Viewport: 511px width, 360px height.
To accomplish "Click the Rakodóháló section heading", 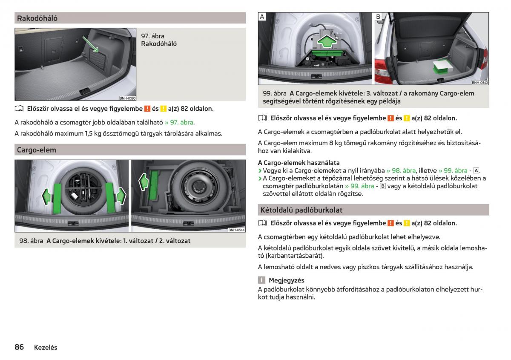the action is click(37, 18).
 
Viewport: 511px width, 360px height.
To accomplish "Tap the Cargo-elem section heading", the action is click(37, 150).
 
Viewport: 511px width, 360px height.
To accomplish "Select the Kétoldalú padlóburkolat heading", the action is click(301, 210).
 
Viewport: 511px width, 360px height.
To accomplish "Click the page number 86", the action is click(19, 347).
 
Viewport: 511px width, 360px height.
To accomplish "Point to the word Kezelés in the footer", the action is click(46, 348).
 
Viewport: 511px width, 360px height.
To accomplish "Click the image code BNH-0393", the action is click(127, 98).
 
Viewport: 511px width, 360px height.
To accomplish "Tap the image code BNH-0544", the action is click(237, 230).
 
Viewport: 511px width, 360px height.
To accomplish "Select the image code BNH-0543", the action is click(480, 83).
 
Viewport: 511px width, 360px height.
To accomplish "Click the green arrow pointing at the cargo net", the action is click(90, 44).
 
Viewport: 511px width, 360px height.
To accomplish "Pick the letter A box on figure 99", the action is click(262, 17).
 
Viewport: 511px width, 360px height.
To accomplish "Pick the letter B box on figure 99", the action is click(378, 17).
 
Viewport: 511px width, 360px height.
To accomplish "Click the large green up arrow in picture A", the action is click(327, 41).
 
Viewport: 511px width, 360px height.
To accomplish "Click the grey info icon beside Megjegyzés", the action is click(261, 280).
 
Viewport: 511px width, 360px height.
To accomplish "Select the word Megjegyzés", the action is click(287, 280).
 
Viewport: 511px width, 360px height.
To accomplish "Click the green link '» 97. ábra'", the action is click(179, 123).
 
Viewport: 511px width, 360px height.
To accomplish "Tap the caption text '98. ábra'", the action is click(31, 241).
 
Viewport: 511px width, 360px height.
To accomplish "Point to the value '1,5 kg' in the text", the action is click(93, 133).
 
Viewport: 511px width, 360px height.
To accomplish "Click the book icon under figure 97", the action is click(19, 109).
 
